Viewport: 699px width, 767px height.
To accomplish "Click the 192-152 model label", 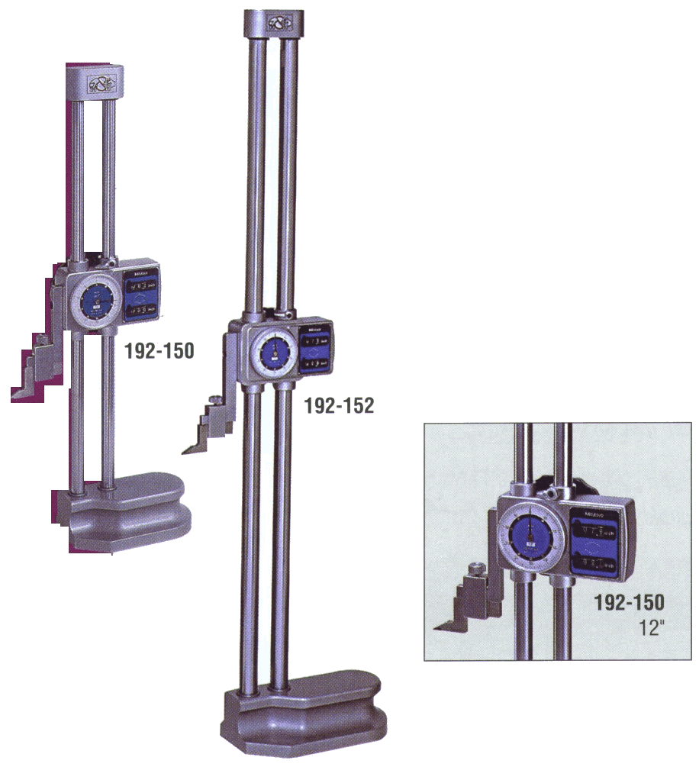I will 339,407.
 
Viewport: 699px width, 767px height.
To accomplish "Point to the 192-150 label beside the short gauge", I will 159,351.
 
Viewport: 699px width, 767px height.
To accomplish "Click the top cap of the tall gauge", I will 274,23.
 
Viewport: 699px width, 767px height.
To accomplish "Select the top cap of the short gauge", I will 95,82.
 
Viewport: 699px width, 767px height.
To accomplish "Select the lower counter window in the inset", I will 594,564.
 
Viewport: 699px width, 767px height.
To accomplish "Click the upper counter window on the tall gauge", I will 314,343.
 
